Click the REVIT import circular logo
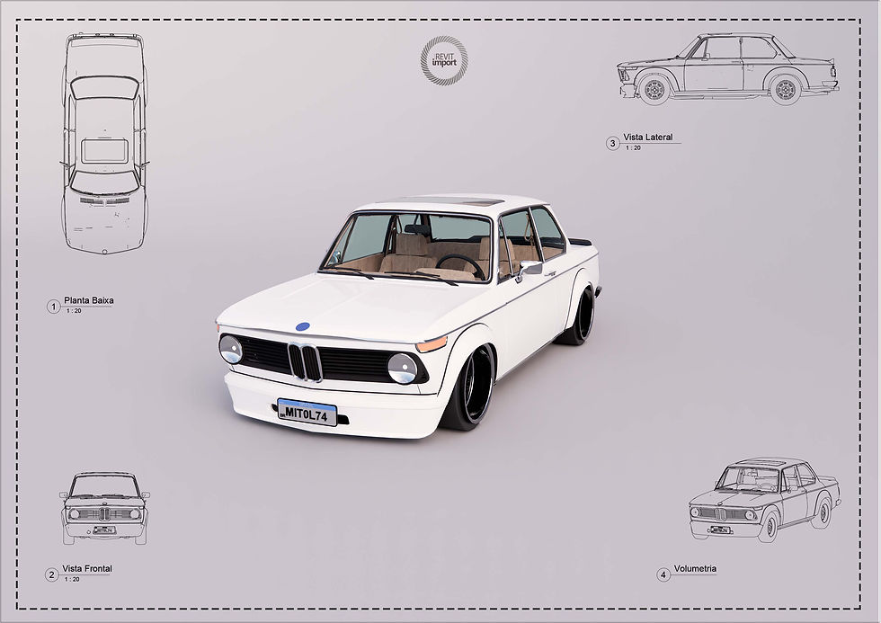point(444,61)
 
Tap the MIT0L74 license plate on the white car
point(307,412)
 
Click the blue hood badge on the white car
point(303,327)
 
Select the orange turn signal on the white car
point(432,344)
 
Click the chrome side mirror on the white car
point(529,268)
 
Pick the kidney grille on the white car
point(305,361)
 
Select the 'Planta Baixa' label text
point(89,300)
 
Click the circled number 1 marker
point(53,307)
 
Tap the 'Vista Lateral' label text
point(647,138)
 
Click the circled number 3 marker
point(612,143)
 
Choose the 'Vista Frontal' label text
point(87,569)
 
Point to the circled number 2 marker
point(52,574)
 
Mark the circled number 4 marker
point(663,574)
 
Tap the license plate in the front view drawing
point(103,530)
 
